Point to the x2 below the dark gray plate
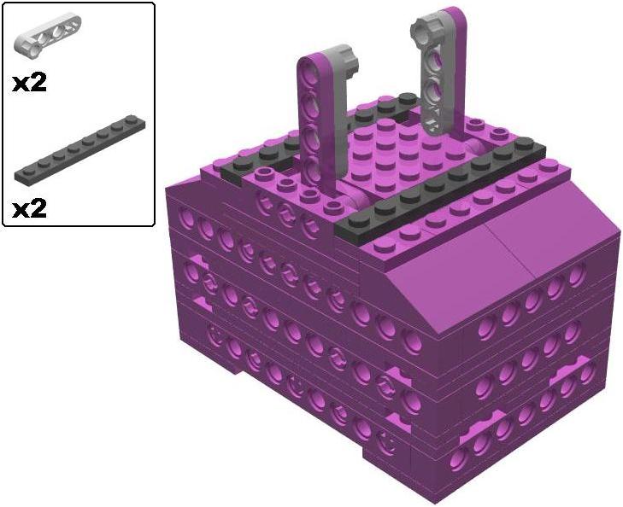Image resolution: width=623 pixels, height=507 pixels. (x=29, y=207)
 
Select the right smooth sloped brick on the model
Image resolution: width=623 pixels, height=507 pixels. (x=547, y=243)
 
